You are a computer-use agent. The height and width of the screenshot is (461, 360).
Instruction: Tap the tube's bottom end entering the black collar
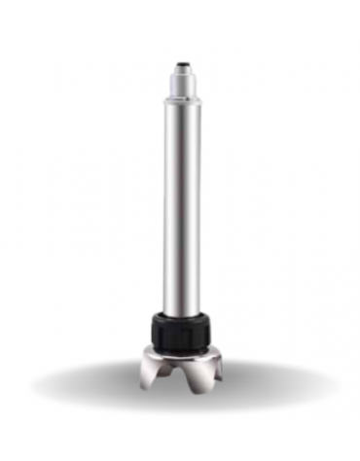(182, 303)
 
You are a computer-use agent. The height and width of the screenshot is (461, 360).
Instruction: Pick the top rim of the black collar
(182, 312)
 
